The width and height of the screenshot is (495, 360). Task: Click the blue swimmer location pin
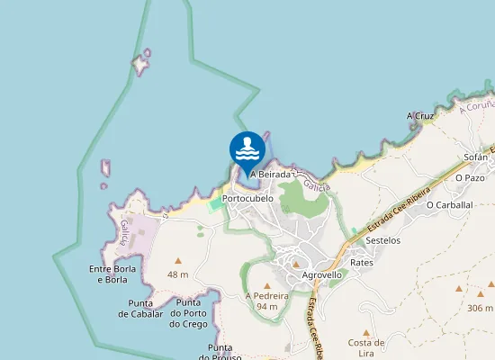(x=247, y=150)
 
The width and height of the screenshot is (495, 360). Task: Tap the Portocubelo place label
(x=247, y=198)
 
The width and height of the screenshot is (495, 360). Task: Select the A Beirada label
(x=270, y=174)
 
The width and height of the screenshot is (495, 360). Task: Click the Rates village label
(x=362, y=262)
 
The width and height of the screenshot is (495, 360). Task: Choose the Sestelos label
(x=383, y=240)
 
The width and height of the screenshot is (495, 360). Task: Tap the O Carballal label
(x=449, y=204)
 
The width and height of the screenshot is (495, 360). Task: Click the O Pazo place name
(x=470, y=178)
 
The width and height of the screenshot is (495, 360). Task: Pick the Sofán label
(x=475, y=157)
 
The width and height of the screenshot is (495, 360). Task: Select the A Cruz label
(x=420, y=116)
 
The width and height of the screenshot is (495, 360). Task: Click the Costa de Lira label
(x=367, y=347)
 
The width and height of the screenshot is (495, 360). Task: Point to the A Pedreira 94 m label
(x=266, y=301)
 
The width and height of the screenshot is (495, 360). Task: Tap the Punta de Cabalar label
(x=139, y=309)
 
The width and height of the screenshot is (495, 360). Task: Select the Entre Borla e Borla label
(x=112, y=274)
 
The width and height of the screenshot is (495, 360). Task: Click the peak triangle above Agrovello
(x=297, y=263)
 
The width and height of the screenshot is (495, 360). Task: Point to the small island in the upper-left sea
(x=139, y=64)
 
